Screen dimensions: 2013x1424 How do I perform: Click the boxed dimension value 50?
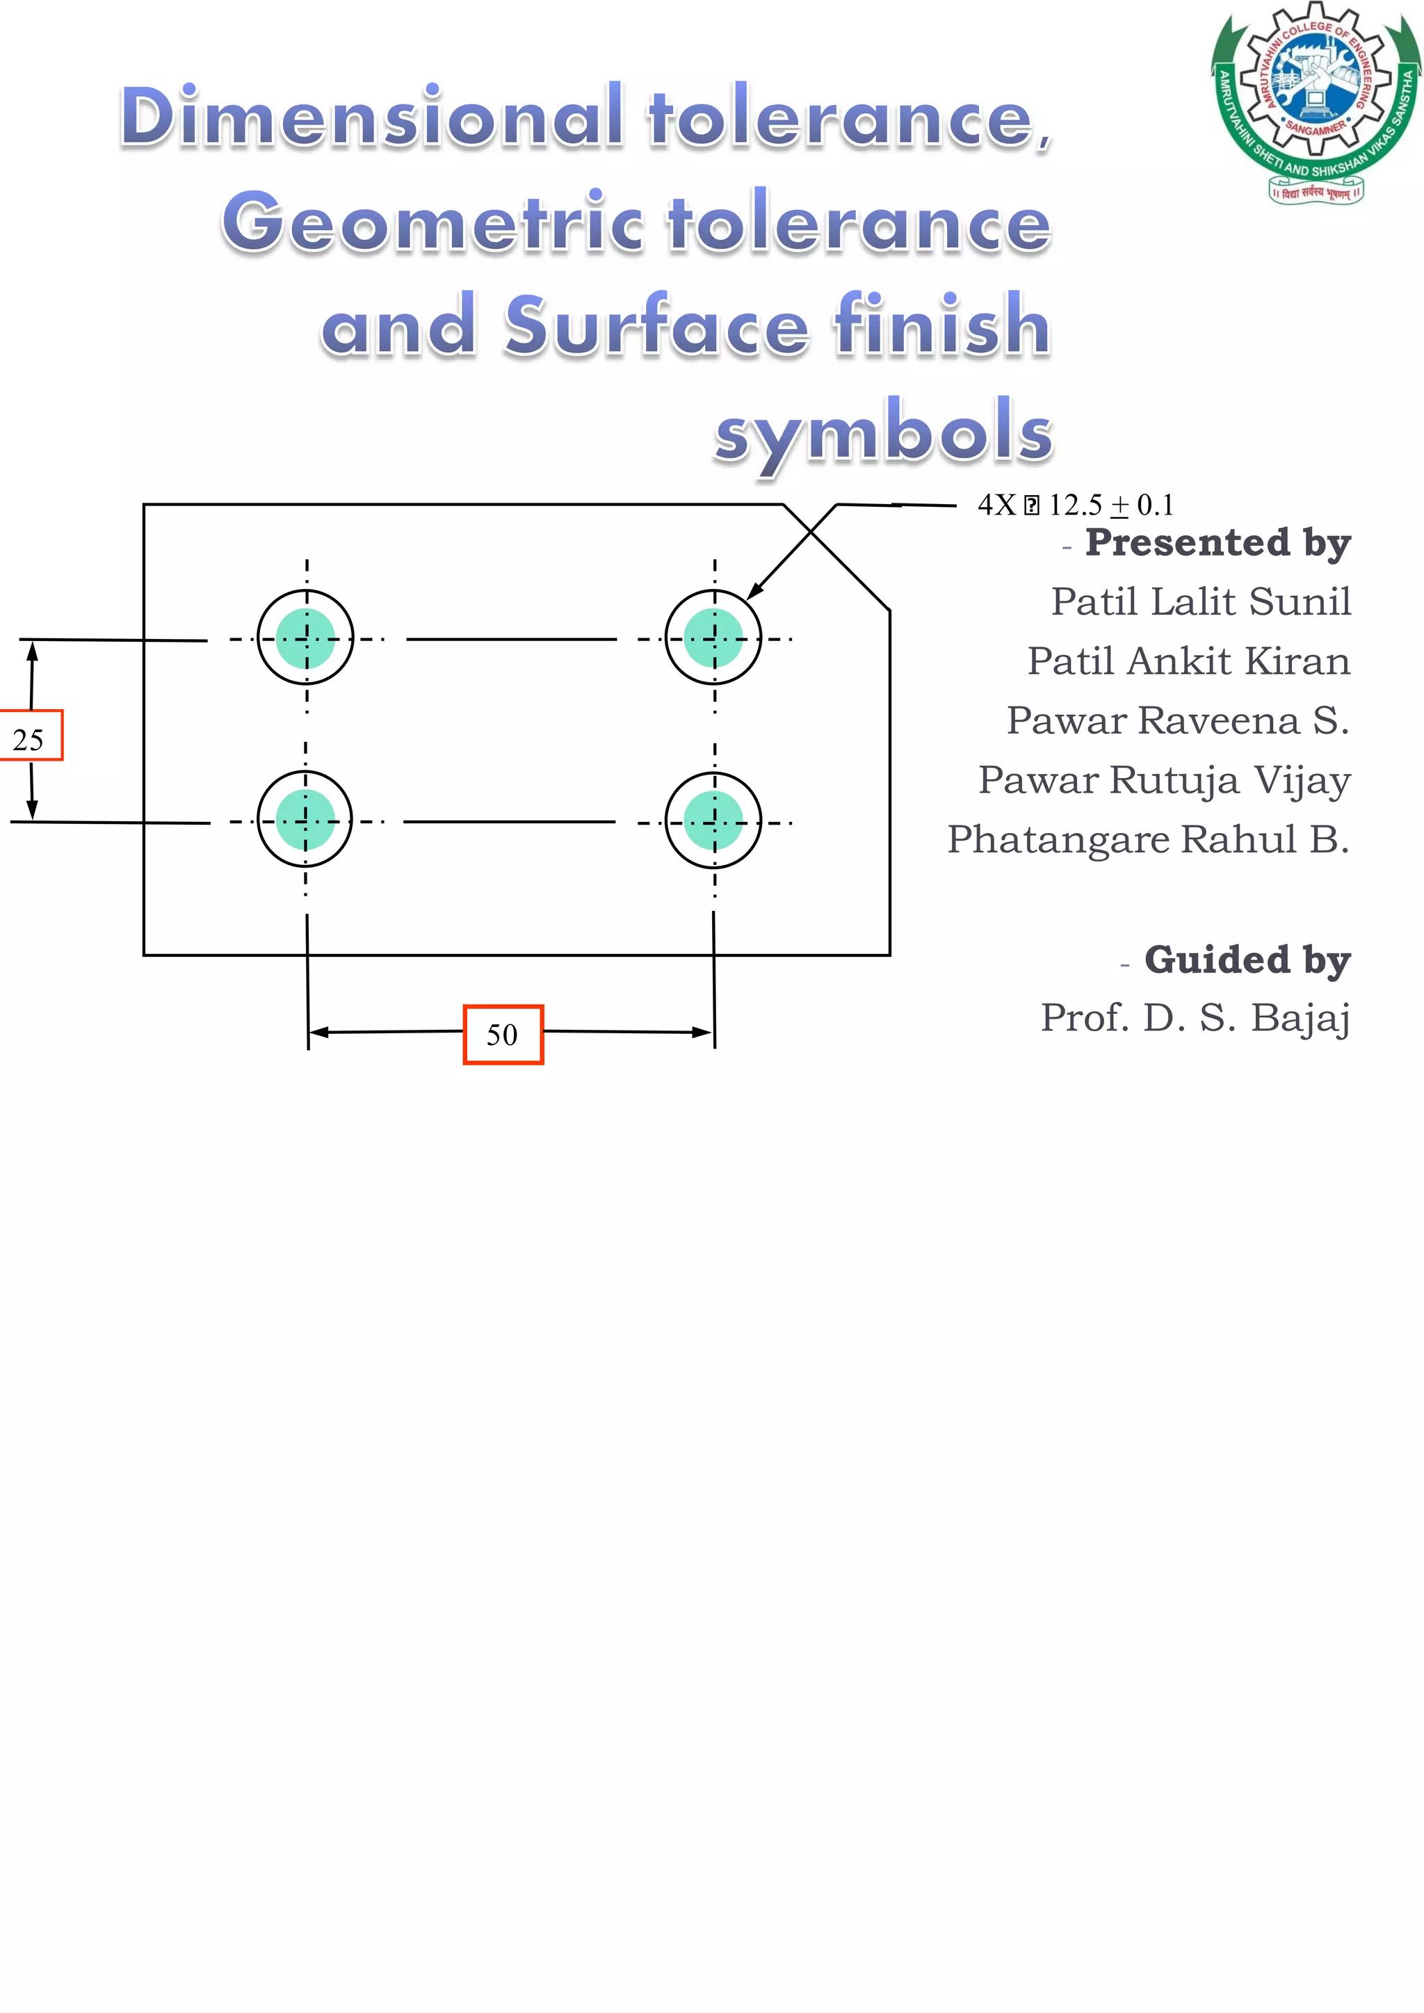[503, 1035]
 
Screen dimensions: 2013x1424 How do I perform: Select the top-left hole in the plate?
[305, 638]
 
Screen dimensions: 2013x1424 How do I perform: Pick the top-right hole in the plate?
[713, 638]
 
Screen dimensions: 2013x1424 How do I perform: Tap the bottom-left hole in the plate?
[305, 820]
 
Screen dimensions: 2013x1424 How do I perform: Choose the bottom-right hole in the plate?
[713, 820]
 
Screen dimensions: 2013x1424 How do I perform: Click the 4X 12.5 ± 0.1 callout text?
[1075, 505]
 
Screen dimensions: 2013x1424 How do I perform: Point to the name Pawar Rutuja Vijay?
[1165, 780]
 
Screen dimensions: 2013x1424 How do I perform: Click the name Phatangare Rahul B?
[1148, 840]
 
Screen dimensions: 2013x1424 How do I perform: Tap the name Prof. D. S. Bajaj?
[1195, 1018]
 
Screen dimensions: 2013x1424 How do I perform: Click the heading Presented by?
[1217, 542]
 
